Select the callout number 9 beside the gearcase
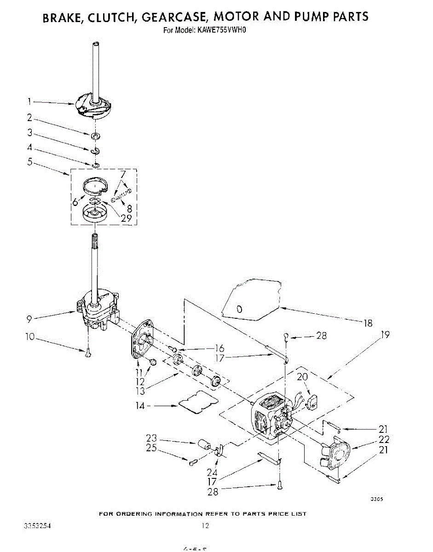tap(29, 317)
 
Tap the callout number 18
tap(368, 323)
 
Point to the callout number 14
tap(140, 406)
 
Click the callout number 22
tap(384, 439)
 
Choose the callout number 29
tap(126, 218)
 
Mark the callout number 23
tap(151, 438)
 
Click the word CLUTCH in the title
tap(112, 17)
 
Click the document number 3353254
tap(35, 525)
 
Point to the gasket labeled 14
tap(198, 401)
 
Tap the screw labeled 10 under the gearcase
tap(88, 352)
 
